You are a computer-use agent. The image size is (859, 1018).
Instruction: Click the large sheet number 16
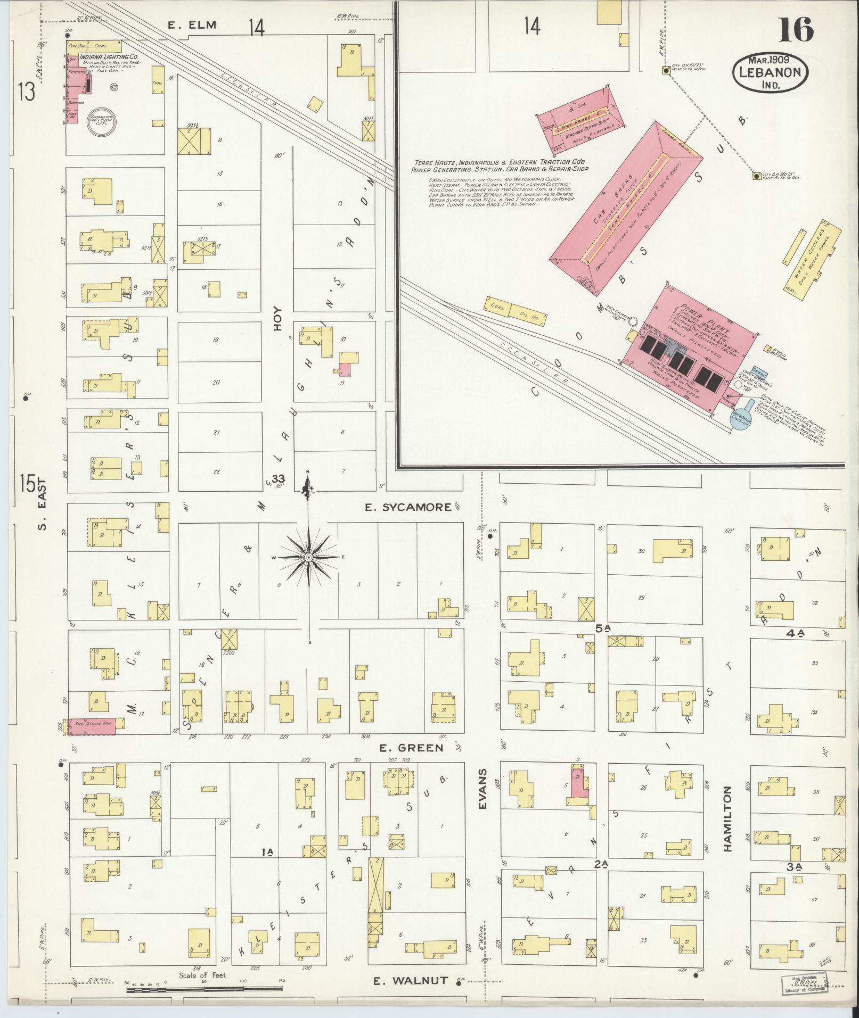(796, 29)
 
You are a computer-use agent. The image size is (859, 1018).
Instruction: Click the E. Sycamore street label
(408, 507)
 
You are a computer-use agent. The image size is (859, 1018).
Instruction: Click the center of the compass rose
(308, 557)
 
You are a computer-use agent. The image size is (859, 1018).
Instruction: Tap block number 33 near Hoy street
(278, 479)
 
